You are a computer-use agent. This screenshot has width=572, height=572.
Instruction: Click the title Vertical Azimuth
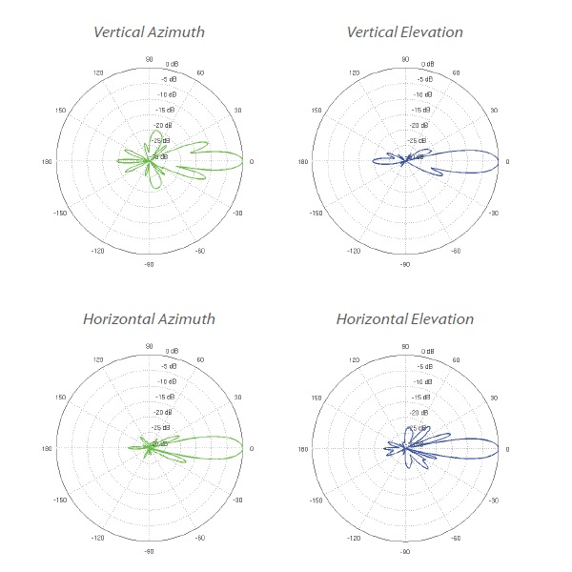tap(148, 32)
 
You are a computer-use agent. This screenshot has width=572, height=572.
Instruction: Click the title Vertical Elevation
tap(404, 32)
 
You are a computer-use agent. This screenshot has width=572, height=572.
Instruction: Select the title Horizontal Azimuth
tap(148, 318)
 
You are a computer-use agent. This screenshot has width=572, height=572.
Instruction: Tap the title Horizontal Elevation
tap(404, 318)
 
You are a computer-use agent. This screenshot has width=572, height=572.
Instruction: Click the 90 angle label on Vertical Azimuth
tap(149, 59)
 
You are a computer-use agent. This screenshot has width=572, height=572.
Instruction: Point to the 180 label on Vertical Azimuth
tap(47, 162)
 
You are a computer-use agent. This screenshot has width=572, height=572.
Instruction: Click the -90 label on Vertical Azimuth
tap(149, 265)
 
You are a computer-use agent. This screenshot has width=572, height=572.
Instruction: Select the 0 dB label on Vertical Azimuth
tap(173, 64)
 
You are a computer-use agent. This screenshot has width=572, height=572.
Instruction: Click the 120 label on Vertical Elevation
tap(354, 73)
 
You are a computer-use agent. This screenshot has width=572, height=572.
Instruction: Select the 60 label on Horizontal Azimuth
tap(200, 359)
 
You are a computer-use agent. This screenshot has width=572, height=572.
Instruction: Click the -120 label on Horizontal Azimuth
tap(97, 537)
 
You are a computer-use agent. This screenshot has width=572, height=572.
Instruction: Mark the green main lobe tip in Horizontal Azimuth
tap(243, 447)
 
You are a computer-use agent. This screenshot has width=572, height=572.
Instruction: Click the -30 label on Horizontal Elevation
tap(494, 499)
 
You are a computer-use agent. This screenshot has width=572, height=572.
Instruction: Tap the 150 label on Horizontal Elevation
tap(317, 397)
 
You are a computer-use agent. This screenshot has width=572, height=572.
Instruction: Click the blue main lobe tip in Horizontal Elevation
tap(500, 447)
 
